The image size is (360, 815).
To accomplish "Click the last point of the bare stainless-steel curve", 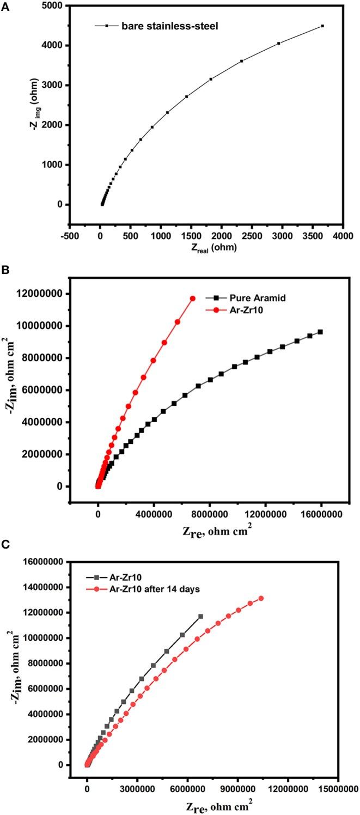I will click(x=322, y=26).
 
